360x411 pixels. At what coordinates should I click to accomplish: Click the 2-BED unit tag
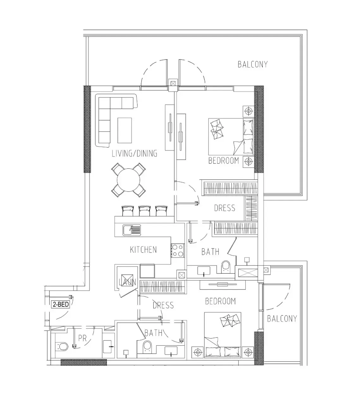[60, 304]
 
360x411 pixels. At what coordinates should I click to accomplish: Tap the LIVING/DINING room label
[134, 154]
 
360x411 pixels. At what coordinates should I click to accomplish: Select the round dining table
[128, 180]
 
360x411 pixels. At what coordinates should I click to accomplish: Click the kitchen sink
[132, 230]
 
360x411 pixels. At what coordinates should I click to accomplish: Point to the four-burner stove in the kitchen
[177, 251]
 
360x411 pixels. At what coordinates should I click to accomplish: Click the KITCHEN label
[143, 250]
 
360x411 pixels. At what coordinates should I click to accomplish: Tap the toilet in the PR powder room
[62, 347]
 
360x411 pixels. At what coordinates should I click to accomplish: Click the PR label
[82, 338]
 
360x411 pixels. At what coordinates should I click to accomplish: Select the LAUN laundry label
[127, 282]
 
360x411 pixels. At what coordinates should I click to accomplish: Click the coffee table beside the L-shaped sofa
[125, 130]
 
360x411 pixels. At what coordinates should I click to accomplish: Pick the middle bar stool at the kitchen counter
[144, 211]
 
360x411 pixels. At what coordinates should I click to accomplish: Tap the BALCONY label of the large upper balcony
[253, 64]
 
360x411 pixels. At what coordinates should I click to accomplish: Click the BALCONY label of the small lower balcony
[282, 318]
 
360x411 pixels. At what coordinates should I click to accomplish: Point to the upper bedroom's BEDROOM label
[223, 161]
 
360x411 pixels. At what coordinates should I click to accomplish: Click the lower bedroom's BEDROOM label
[221, 301]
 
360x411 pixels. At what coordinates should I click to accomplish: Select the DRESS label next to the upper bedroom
[224, 208]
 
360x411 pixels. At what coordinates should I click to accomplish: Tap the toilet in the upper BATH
[226, 267]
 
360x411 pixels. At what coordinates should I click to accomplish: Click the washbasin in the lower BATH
[171, 351]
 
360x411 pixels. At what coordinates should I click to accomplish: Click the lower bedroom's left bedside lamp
[198, 352]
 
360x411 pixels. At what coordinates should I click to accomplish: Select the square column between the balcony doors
[173, 83]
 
